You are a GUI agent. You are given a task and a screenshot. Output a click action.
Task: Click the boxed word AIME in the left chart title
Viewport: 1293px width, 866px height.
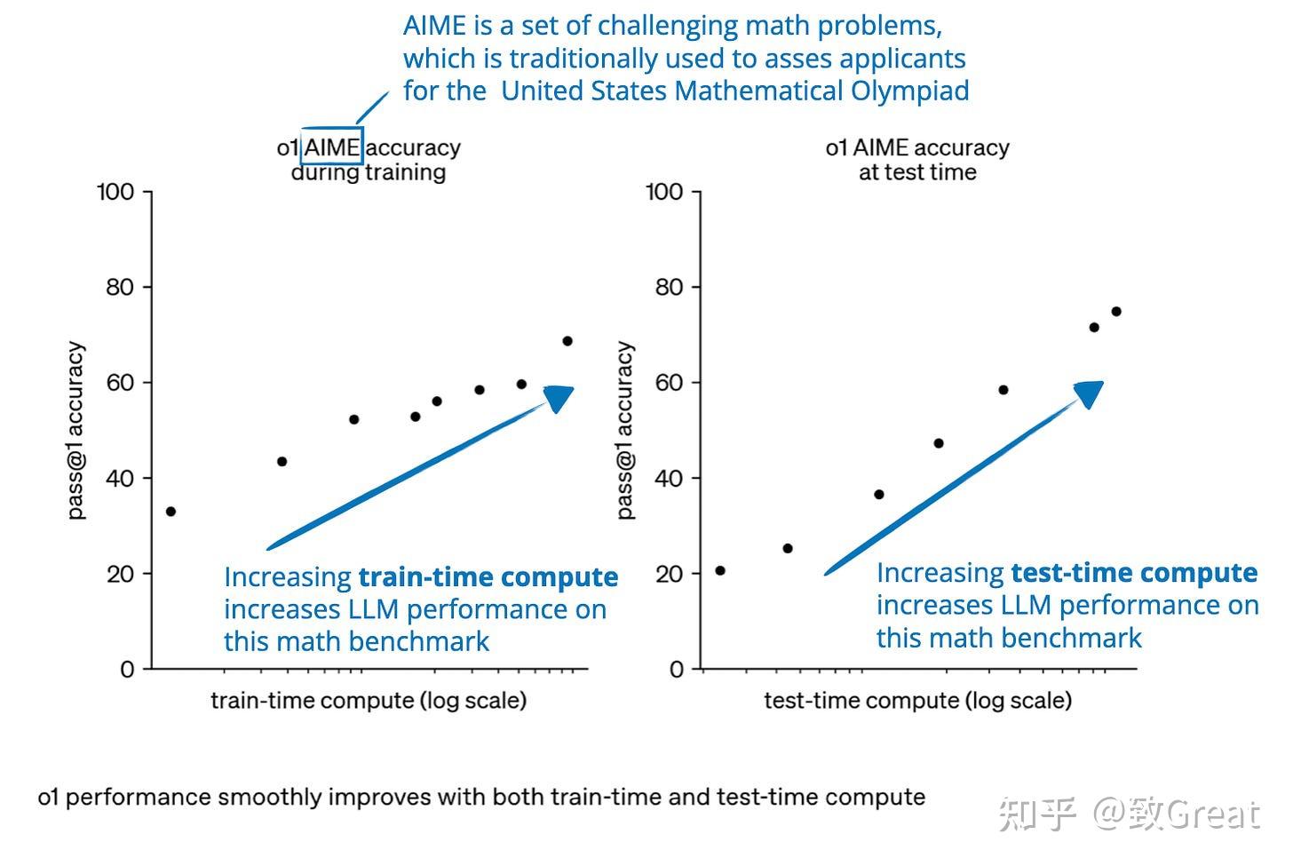(332, 147)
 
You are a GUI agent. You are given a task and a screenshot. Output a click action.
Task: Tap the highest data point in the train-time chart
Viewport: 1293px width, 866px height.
(567, 341)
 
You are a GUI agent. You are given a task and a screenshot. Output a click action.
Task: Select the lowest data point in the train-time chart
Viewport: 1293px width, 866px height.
(171, 512)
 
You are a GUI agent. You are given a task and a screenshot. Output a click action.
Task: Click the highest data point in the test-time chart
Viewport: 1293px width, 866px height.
(1116, 312)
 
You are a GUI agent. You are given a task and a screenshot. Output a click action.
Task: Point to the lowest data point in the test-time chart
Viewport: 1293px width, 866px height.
(720, 570)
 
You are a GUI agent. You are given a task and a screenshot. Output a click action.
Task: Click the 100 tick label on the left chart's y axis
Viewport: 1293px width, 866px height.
(115, 192)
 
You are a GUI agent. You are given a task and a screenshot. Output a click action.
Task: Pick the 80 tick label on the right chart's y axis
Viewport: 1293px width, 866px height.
(669, 287)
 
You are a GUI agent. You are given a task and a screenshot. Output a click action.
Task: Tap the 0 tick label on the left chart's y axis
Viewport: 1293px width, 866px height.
(127, 669)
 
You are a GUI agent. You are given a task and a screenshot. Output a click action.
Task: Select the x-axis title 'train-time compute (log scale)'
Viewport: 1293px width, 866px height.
(369, 700)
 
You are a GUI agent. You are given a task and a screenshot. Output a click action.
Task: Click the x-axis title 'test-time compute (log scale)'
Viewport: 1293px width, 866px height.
(917, 700)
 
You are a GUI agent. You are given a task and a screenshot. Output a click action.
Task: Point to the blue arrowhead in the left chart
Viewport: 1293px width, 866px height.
(559, 398)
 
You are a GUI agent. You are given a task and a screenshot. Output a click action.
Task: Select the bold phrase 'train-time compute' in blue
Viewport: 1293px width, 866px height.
(488, 577)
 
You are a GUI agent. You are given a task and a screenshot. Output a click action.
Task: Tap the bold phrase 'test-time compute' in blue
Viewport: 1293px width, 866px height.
(1134, 573)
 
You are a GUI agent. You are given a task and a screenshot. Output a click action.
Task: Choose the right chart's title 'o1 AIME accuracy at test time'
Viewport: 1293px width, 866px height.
(917, 160)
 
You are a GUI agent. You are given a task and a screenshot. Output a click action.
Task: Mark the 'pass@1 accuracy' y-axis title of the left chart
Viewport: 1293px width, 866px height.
(76, 431)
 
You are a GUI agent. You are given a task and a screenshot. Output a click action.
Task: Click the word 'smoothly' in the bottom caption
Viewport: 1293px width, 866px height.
(270, 797)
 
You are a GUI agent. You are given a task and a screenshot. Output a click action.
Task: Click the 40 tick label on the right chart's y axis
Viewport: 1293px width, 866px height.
(669, 478)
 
